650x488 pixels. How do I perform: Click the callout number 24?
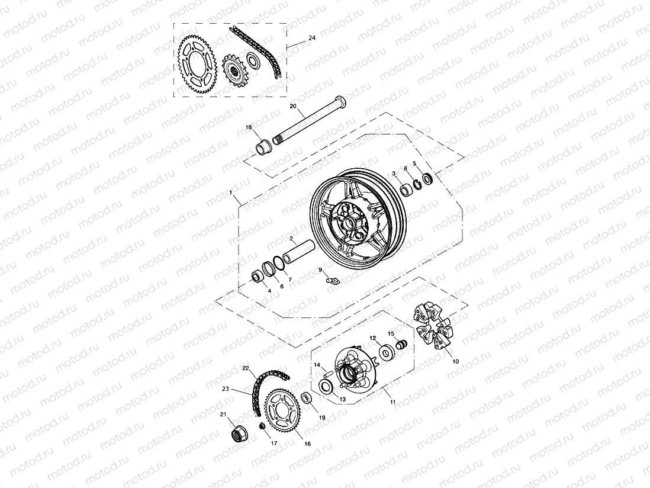click(312, 38)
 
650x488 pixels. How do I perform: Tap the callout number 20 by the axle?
click(292, 106)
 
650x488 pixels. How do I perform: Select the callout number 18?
click(249, 127)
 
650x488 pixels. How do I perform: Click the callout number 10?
click(455, 361)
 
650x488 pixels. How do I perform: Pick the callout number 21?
click(223, 414)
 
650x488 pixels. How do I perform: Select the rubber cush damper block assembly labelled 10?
click(434, 328)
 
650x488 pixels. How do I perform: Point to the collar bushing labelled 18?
click(262, 145)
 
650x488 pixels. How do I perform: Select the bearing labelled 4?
click(259, 277)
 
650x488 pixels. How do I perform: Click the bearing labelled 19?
click(307, 398)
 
